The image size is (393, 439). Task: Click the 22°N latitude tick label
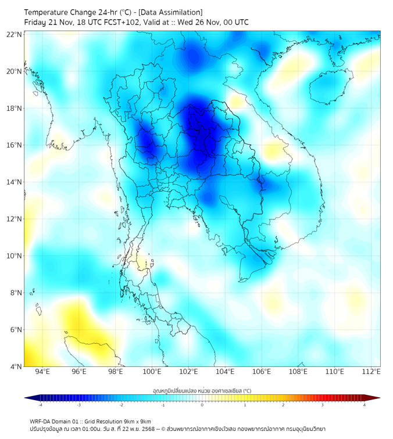point(15,34)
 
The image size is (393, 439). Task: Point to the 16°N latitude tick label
point(15,145)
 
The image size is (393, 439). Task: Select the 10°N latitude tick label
point(15,256)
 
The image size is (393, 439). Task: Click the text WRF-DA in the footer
point(41,421)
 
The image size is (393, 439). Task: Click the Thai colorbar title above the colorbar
point(202,390)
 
